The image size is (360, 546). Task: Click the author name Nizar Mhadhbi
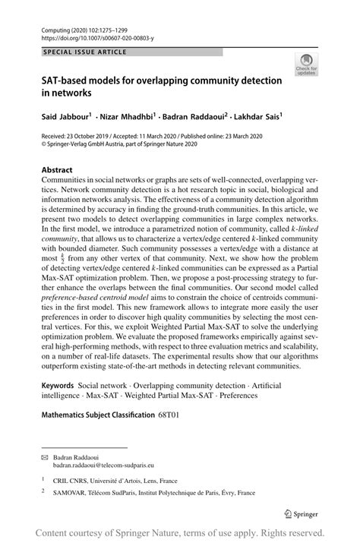coord(127,118)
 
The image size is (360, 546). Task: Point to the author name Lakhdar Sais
coord(257,118)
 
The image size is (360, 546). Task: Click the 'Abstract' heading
coord(57,169)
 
